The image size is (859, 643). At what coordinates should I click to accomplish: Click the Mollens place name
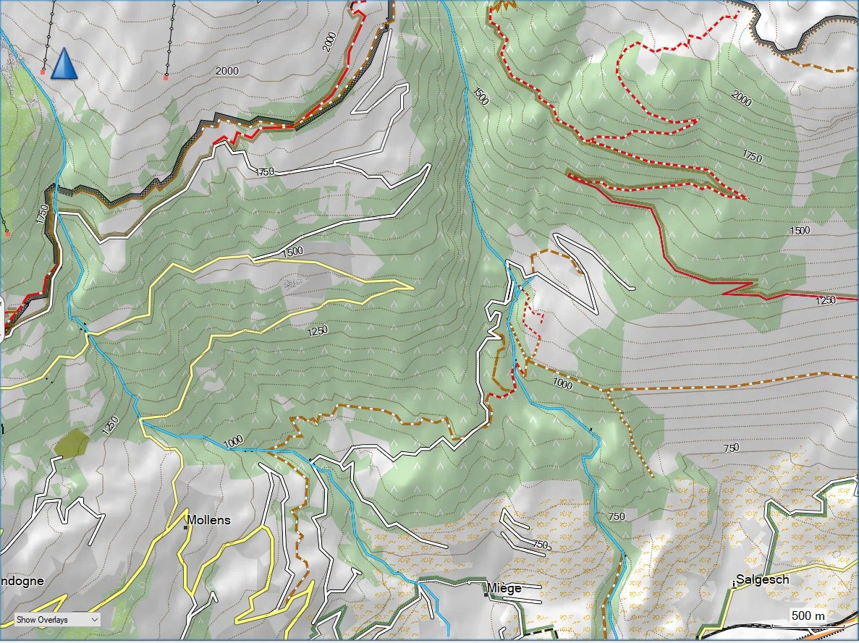pyautogui.click(x=209, y=519)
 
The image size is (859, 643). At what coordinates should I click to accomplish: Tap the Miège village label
pyautogui.click(x=504, y=587)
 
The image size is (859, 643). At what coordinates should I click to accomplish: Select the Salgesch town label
pyautogui.click(x=763, y=579)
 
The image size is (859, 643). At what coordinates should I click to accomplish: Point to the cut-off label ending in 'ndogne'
pyautogui.click(x=22, y=581)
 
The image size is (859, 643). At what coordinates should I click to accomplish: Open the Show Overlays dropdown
pyautogui.click(x=57, y=619)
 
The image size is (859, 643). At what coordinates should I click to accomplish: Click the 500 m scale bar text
pyautogui.click(x=808, y=616)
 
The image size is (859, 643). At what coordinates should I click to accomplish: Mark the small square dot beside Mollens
pyautogui.click(x=186, y=527)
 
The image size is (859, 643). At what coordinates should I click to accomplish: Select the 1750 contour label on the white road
pyautogui.click(x=266, y=171)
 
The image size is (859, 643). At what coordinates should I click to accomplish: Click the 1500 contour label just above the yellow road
pyautogui.click(x=292, y=252)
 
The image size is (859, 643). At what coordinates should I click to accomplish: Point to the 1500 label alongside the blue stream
pyautogui.click(x=479, y=97)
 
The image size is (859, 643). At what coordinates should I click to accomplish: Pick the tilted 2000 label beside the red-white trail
pyautogui.click(x=330, y=41)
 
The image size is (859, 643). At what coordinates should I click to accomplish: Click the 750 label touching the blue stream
pyautogui.click(x=616, y=516)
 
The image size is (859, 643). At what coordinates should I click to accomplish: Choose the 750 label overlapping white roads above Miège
pyautogui.click(x=540, y=544)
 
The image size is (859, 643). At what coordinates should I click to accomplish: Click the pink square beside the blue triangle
pyautogui.click(x=43, y=72)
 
